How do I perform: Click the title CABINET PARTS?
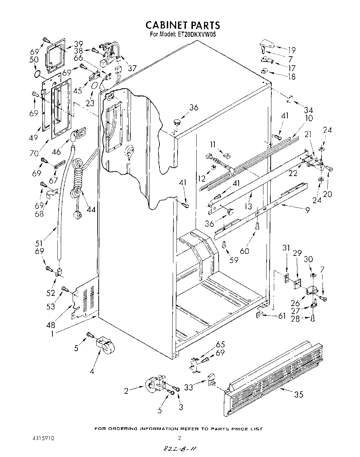pyautogui.click(x=182, y=25)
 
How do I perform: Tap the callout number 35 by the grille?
pyautogui.click(x=298, y=394)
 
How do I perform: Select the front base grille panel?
pyautogui.click(x=275, y=379)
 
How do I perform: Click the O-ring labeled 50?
pyautogui.click(x=38, y=73)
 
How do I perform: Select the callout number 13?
pyautogui.click(x=248, y=206)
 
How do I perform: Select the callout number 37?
pyautogui.click(x=132, y=68)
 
